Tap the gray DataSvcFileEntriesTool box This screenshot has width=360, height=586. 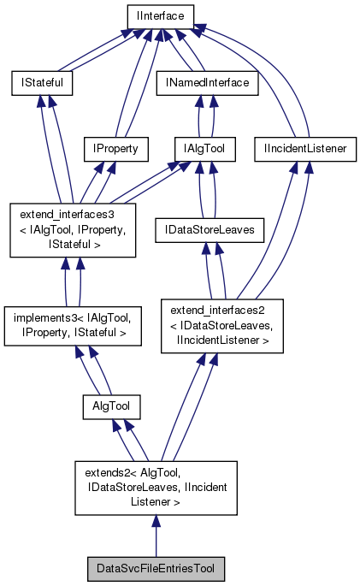point(156,568)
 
